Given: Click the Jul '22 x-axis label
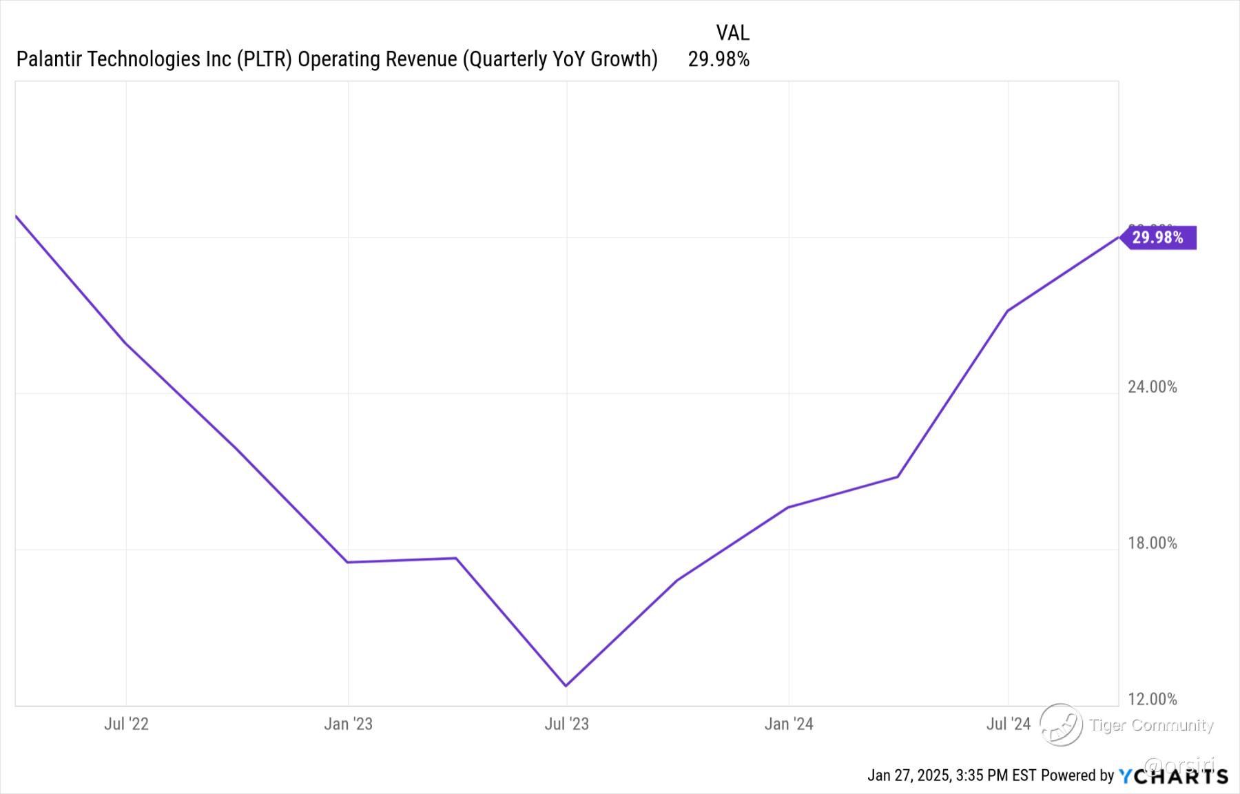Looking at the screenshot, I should [126, 724].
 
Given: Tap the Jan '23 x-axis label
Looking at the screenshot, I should [348, 724].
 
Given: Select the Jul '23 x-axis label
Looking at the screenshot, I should [566, 724].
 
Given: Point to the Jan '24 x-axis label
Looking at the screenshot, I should [789, 724].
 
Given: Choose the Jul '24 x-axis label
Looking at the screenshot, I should [1008, 724].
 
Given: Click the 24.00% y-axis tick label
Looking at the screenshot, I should [1152, 387].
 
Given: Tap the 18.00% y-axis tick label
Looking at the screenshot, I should [1152, 543].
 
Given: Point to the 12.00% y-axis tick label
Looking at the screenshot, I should [1152, 700].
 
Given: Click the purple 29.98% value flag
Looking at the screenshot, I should [1158, 238].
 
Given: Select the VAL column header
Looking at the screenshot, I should [732, 32].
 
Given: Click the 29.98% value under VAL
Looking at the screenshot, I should [719, 60].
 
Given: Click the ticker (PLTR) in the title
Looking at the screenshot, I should [265, 60].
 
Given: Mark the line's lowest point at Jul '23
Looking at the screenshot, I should [566, 685].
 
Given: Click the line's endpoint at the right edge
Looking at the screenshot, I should [1117, 238].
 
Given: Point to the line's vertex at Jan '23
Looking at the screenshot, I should [348, 562].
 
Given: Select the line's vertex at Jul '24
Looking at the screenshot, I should [1008, 311].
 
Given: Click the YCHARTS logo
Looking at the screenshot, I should [1172, 776].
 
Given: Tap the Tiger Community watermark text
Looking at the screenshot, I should [1151, 725].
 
